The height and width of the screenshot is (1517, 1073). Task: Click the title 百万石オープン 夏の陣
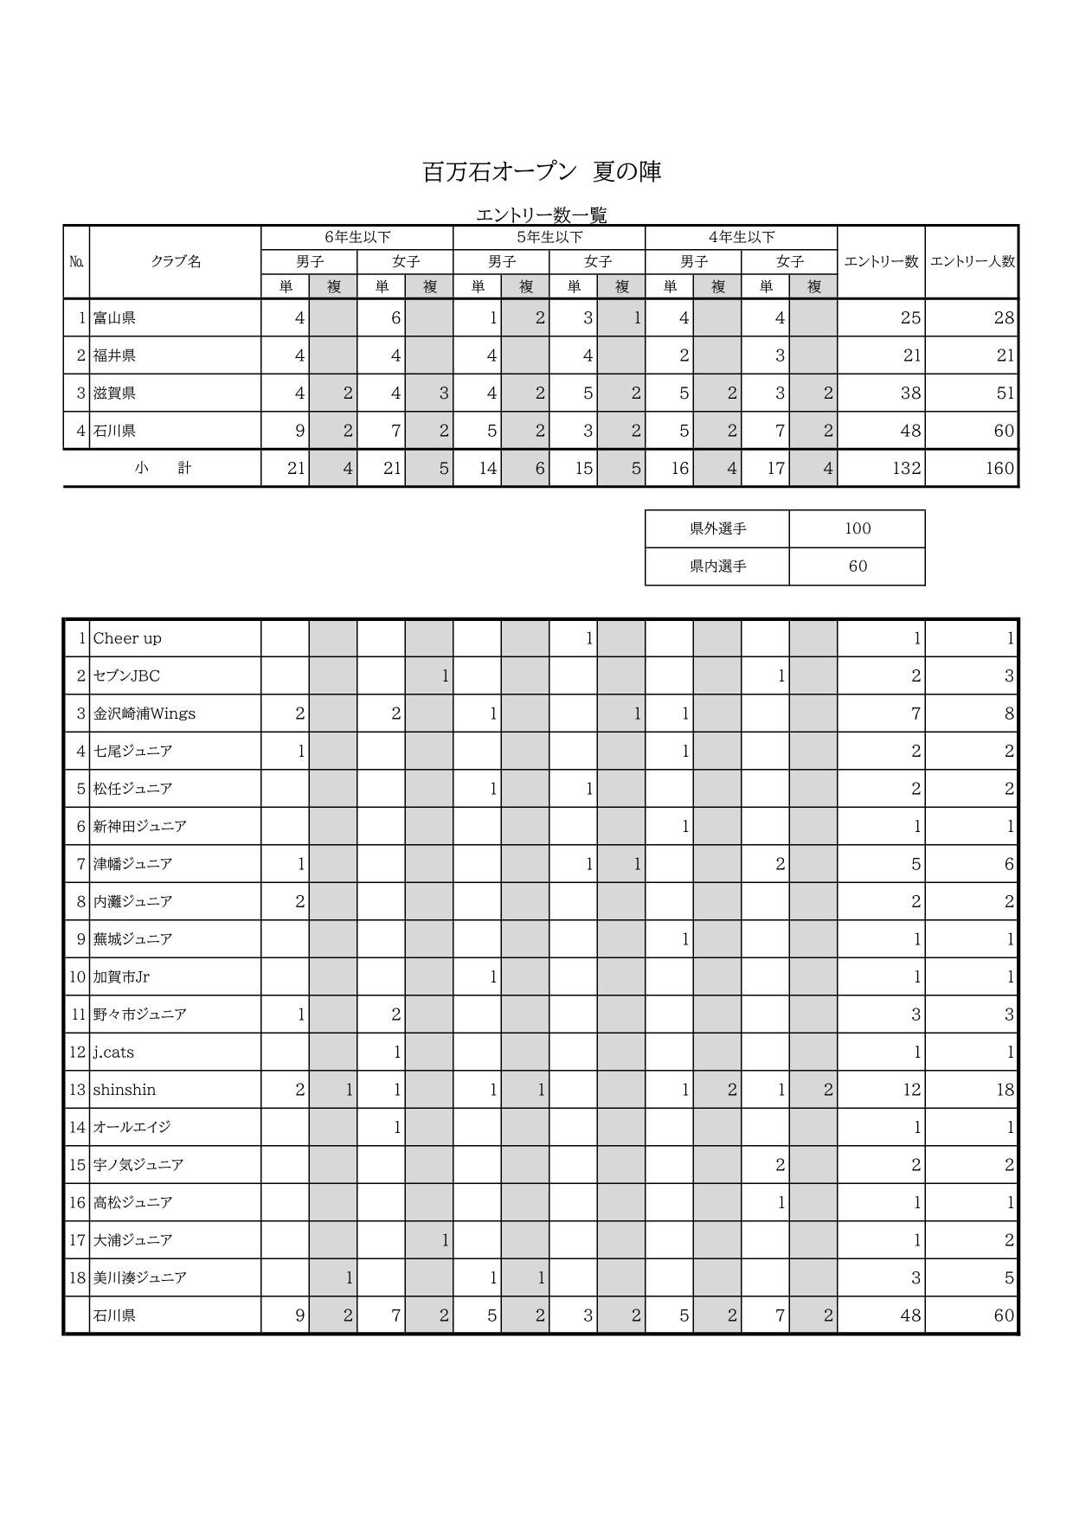pyautogui.click(x=542, y=172)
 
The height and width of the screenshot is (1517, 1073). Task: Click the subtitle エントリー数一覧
pyautogui.click(x=542, y=214)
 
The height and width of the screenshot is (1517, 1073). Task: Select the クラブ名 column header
pyautogui.click(x=176, y=262)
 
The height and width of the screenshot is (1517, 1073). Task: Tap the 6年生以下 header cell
pyautogui.click(x=357, y=237)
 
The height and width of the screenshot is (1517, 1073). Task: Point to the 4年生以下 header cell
pyautogui.click(x=742, y=237)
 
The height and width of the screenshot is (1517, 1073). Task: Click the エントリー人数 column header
pyautogui.click(x=972, y=262)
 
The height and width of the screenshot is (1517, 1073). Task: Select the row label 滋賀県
pyautogui.click(x=115, y=394)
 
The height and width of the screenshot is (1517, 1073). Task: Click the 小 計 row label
pyautogui.click(x=163, y=468)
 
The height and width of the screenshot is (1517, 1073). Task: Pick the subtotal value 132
pyautogui.click(x=907, y=469)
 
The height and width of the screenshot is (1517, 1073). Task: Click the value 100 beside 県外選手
pyautogui.click(x=858, y=528)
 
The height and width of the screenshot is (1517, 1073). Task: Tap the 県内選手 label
pyautogui.click(x=717, y=566)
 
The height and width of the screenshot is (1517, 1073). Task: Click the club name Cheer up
pyautogui.click(x=127, y=638)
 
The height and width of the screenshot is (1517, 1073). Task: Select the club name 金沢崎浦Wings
pyautogui.click(x=145, y=714)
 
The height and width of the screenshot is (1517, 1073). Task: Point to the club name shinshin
pyautogui.click(x=125, y=1090)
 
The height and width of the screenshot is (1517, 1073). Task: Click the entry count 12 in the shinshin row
pyautogui.click(x=911, y=1090)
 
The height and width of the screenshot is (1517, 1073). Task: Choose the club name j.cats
pyautogui.click(x=113, y=1053)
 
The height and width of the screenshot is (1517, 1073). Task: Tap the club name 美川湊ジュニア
pyautogui.click(x=140, y=1277)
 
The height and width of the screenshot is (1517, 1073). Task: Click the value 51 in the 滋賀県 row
pyautogui.click(x=1005, y=394)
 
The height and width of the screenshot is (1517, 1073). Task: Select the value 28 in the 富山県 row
pyautogui.click(x=1004, y=318)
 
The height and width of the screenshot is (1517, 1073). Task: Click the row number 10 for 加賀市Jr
pyautogui.click(x=77, y=977)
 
